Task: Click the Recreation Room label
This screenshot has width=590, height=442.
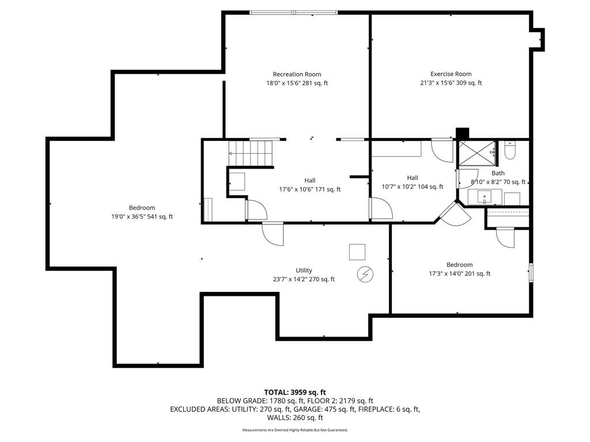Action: pos(297,74)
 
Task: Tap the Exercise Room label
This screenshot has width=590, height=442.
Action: pos(451,74)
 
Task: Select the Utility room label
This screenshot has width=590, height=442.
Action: pos(304,270)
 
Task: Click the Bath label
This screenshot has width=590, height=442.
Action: pos(498,173)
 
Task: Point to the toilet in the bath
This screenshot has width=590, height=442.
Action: pos(509,150)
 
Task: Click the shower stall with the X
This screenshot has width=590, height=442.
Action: pos(477,153)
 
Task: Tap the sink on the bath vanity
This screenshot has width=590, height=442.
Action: pos(484,197)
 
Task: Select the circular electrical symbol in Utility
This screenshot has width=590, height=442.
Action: pos(365,275)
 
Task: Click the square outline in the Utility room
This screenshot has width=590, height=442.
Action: pos(357,252)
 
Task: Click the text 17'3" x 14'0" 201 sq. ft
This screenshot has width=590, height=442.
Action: pos(459,273)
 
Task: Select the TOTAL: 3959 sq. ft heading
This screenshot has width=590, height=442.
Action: pos(295,393)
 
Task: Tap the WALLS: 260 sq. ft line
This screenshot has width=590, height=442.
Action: pos(295,418)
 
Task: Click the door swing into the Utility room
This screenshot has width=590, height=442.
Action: pos(273,234)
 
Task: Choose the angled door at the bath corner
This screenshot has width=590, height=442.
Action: pos(455,214)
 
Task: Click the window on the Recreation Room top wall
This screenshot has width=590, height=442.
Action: pos(293,13)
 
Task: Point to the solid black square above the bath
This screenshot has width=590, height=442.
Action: pos(463,134)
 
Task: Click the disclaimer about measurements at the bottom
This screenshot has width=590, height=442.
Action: pos(295,430)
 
